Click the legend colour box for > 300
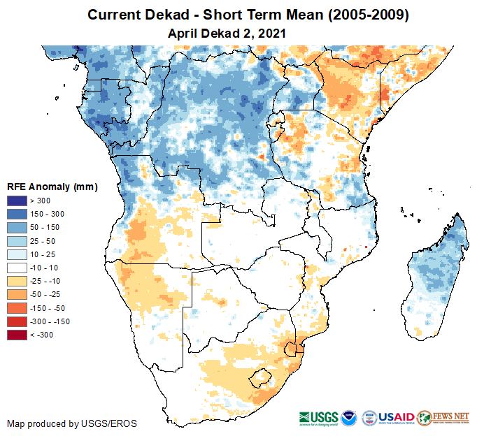click(17, 201)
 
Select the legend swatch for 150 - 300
click(17, 215)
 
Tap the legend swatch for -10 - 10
click(17, 268)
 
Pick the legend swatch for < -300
click(17, 335)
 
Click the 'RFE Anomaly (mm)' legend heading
click(52, 187)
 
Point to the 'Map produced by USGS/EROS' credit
click(72, 423)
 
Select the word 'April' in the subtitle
click(182, 32)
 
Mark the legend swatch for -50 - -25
click(17, 294)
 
